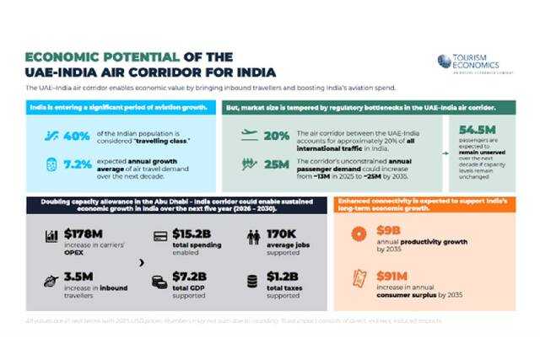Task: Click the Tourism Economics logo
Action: [468, 62]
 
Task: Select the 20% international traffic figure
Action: [276, 135]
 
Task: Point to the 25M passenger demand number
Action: [276, 164]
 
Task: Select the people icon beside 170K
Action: [253, 238]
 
